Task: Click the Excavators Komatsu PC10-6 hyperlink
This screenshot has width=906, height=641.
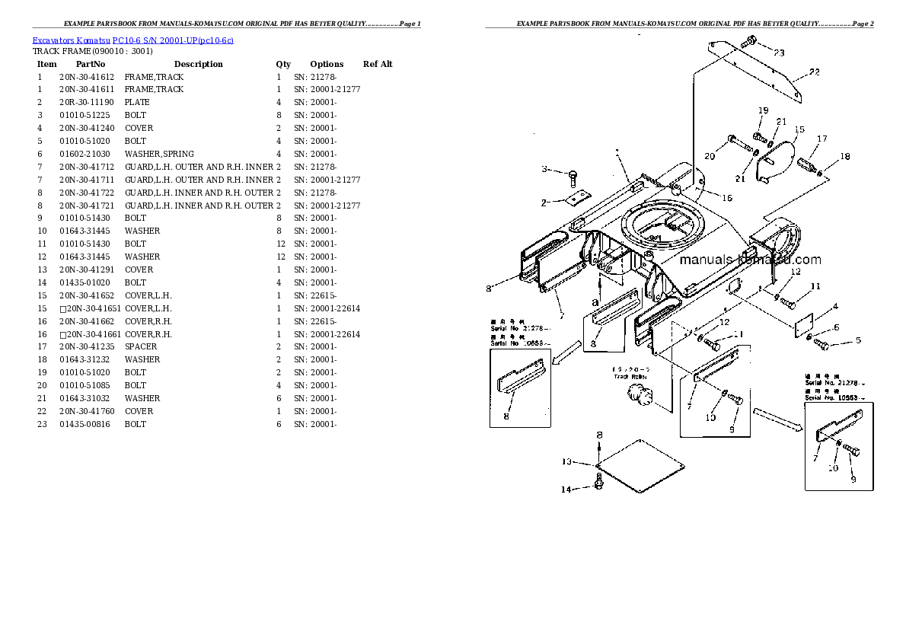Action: click(133, 40)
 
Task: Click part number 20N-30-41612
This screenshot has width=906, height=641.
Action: click(86, 77)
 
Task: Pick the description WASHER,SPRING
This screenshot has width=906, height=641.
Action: click(159, 154)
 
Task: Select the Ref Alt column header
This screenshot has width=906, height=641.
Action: click(378, 64)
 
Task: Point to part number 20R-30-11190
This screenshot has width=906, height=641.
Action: click(86, 102)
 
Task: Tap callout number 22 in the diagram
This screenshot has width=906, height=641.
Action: click(815, 72)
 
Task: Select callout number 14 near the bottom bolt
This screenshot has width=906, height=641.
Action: click(566, 490)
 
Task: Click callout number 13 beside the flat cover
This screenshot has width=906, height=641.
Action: click(566, 461)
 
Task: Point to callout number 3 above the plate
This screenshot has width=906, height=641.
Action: click(545, 169)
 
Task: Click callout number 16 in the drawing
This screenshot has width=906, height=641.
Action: click(727, 198)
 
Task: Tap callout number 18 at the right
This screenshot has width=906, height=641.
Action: click(844, 157)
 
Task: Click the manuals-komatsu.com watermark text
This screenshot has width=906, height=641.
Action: click(750, 260)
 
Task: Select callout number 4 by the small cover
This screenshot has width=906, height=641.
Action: click(835, 307)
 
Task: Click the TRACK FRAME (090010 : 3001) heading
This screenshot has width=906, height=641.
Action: click(92, 52)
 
